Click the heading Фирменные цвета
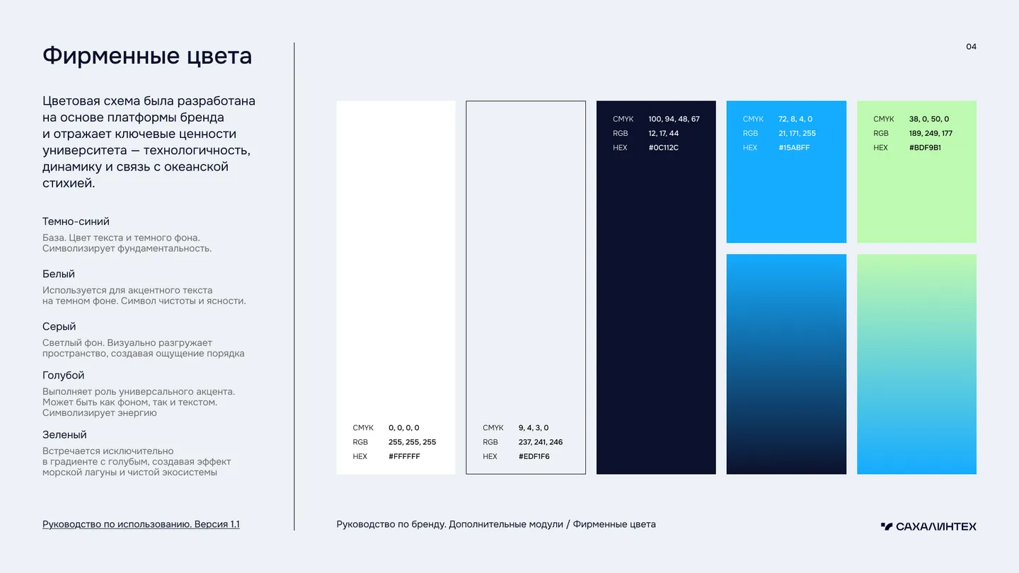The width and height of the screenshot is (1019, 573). point(147,56)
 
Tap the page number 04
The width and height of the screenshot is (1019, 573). point(971,47)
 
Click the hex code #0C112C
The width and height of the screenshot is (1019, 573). point(663,148)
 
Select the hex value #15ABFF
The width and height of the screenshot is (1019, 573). point(794,148)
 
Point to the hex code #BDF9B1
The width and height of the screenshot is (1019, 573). point(925,148)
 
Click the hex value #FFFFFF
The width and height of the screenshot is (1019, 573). point(404,456)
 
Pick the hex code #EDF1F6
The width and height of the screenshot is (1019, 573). point(534,456)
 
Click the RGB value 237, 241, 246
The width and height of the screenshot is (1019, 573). point(541,442)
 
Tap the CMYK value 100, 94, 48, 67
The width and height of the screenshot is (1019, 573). point(674,119)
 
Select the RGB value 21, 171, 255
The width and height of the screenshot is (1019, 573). point(797,133)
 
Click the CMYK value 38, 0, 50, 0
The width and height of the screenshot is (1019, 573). point(929,119)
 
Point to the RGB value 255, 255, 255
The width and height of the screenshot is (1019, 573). point(412,442)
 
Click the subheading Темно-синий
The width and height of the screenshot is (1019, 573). point(76,221)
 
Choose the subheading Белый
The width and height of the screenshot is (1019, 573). point(59,274)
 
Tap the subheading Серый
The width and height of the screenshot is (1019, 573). point(59,327)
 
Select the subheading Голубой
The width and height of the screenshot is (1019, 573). point(63,375)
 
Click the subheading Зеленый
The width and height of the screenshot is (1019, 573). point(64,435)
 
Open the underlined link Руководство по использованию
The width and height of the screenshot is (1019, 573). point(117,524)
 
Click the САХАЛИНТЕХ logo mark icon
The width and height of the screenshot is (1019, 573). point(887,526)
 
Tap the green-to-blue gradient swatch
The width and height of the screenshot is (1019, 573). point(916,364)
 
